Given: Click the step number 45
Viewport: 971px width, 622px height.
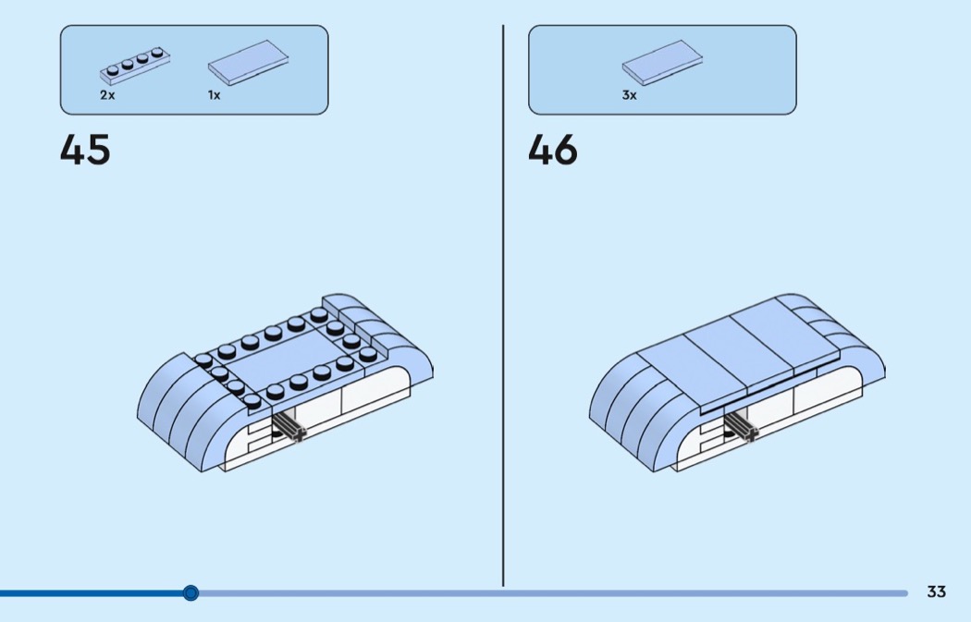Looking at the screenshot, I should [85, 151].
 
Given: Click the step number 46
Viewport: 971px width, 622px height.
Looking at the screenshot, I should [553, 151].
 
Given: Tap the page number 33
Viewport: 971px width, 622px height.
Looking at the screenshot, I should [937, 592].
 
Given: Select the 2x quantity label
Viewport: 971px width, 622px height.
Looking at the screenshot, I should [108, 95].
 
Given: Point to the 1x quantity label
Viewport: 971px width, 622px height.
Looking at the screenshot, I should [215, 95].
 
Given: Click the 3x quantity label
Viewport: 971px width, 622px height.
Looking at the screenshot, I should [630, 95].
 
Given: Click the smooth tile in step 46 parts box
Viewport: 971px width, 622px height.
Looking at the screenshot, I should [662, 63].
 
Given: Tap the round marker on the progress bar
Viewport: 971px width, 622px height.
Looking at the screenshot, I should [191, 592].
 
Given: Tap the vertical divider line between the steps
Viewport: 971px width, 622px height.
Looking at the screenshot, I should [503, 305].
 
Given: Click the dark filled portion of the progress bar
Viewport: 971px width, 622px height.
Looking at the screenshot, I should [92, 592].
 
